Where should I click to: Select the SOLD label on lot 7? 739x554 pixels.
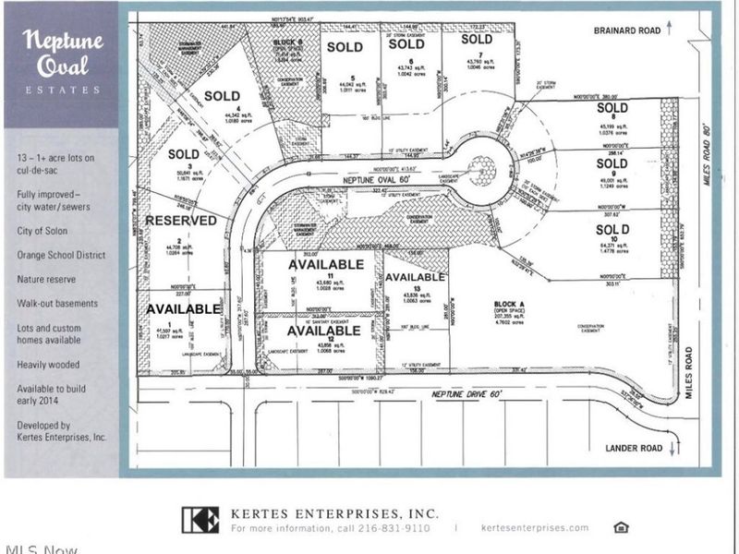tap(477, 39)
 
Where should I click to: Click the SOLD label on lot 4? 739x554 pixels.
tap(222, 96)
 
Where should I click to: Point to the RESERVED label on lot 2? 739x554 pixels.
tap(180, 221)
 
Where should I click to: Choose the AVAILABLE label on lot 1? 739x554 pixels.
tap(183, 308)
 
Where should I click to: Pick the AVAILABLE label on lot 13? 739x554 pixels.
tap(415, 277)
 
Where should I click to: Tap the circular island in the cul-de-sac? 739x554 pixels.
tap(480, 168)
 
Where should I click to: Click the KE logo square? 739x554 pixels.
tap(200, 521)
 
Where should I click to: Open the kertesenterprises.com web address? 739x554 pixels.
tap(535, 528)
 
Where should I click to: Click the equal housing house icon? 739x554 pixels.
tap(621, 527)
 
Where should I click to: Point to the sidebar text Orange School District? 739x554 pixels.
tap(60, 255)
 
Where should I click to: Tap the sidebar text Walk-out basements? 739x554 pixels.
tap(57, 302)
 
